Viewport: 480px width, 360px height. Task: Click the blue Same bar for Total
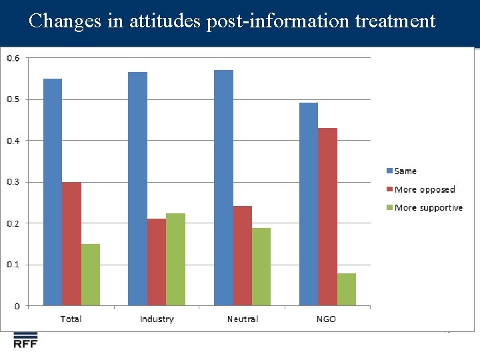(x=53, y=192)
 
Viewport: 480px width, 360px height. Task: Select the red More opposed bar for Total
(x=71, y=244)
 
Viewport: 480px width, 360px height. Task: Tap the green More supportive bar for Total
(x=91, y=275)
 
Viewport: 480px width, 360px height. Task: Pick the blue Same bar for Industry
(x=137, y=189)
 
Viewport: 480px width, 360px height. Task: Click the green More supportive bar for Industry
(x=175, y=259)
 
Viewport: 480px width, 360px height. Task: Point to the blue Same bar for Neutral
(x=223, y=187)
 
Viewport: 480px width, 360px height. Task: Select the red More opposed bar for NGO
(x=327, y=217)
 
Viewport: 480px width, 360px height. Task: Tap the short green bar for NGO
(x=346, y=289)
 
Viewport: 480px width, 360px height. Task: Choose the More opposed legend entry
(x=424, y=189)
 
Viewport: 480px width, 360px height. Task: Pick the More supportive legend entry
(x=428, y=208)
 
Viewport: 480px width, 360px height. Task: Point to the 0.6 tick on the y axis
(x=13, y=59)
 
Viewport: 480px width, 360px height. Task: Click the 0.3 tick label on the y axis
(x=13, y=182)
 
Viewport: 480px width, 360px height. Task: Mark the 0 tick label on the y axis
(x=17, y=306)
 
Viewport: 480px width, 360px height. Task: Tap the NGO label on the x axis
(x=326, y=319)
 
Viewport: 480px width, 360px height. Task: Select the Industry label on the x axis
(x=157, y=319)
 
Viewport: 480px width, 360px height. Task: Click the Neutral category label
(x=242, y=319)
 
